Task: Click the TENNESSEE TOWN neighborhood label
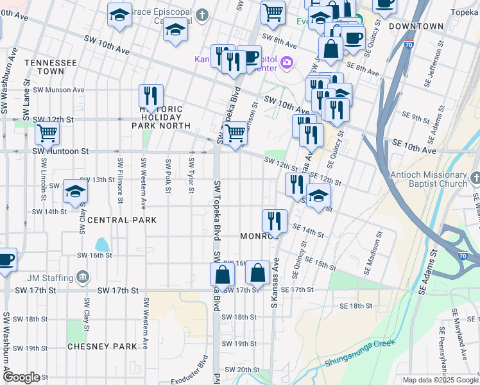(x=51, y=67)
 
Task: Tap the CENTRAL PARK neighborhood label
(x=121, y=220)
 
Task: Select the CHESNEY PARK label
(x=103, y=346)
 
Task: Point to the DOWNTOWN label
(x=416, y=26)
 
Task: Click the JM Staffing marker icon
(x=83, y=278)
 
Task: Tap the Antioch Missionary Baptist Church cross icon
(x=475, y=176)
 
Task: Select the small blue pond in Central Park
(x=101, y=244)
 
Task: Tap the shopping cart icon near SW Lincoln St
(x=47, y=133)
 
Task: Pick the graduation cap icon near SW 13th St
(x=75, y=191)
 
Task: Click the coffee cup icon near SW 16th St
(x=5, y=260)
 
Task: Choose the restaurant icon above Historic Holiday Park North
(x=151, y=96)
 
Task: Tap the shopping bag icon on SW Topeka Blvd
(x=222, y=274)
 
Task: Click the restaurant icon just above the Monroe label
(x=274, y=221)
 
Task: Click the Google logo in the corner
(x=21, y=377)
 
